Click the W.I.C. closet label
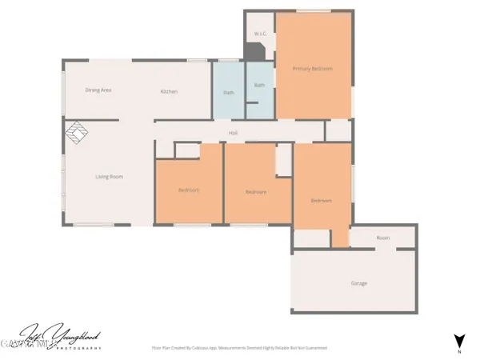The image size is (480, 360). point(259,34)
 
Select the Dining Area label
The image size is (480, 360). point(98,90)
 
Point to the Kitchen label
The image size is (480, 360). point(168,92)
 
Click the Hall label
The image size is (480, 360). point(234,133)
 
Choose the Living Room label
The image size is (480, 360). point(109,177)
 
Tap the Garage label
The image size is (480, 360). point(359,284)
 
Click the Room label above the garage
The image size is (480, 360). point(383,238)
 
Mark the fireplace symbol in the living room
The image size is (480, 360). point(75,134)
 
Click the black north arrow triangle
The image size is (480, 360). point(458,339)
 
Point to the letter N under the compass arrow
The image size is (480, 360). point(458,350)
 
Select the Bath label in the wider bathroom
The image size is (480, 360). point(228,93)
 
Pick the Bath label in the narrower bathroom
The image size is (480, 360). point(259,85)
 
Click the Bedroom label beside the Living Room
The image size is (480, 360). point(188,190)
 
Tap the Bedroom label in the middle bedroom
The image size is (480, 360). point(255,192)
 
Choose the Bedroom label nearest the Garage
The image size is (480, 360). point(321,200)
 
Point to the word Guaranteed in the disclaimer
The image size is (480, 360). point(314,348)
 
